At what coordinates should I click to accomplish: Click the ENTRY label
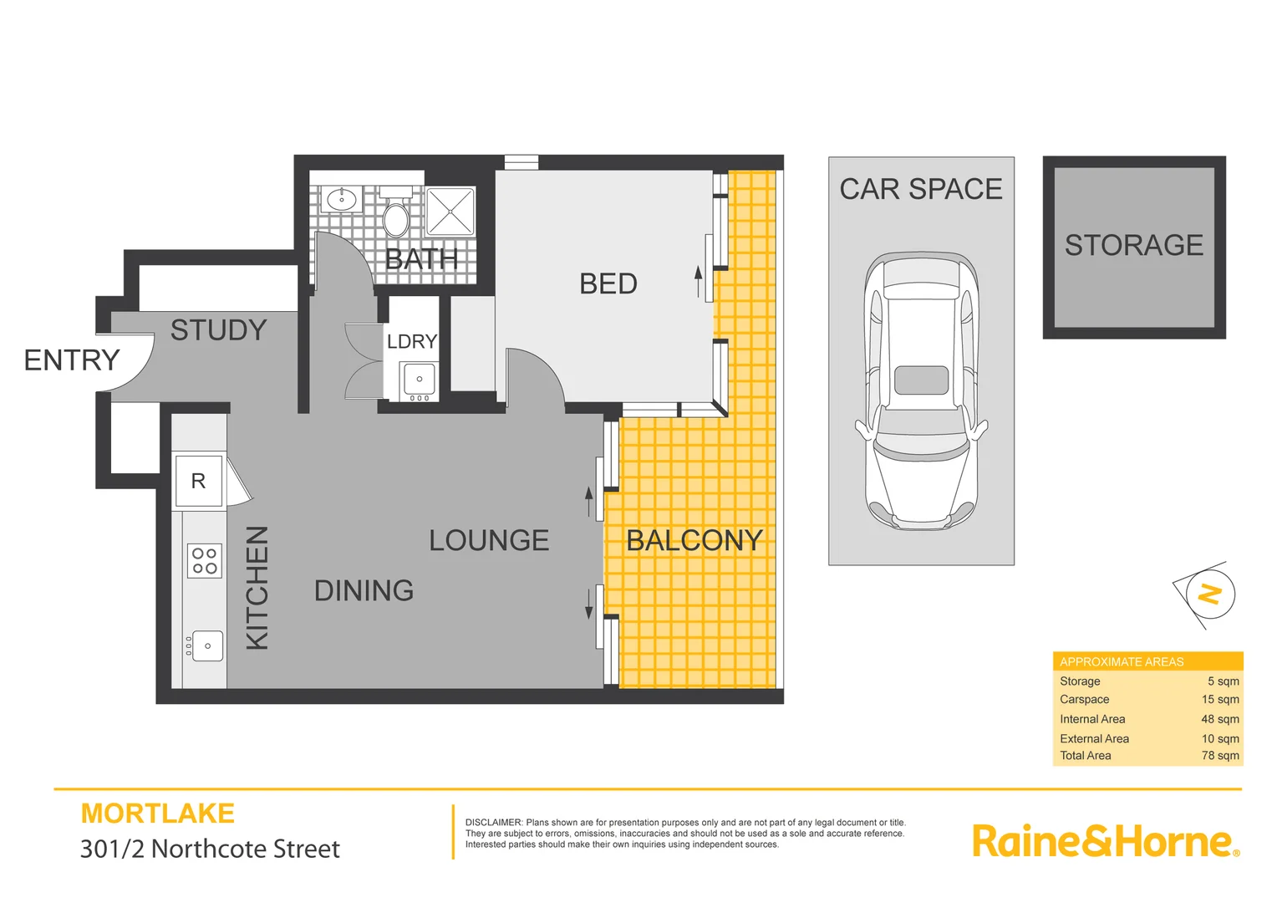click(72, 360)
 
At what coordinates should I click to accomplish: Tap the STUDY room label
click(218, 330)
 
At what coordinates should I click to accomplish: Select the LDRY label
click(411, 341)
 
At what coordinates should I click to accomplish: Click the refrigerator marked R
click(198, 481)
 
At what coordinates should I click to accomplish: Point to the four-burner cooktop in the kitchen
click(204, 560)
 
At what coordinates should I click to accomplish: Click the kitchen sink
click(207, 645)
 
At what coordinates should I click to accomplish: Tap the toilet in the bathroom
click(395, 217)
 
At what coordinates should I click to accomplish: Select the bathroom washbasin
click(341, 199)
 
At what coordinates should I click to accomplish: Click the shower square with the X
click(450, 211)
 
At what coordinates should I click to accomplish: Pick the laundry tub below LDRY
click(420, 379)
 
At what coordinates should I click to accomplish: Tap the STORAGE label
click(1133, 245)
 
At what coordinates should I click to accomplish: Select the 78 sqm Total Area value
click(1220, 756)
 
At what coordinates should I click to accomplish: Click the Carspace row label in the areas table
click(1084, 700)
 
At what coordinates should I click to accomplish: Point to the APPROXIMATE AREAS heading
click(1122, 661)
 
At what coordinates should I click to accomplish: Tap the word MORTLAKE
click(157, 814)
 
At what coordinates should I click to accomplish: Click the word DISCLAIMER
click(493, 823)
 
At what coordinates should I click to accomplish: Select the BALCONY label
click(694, 541)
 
